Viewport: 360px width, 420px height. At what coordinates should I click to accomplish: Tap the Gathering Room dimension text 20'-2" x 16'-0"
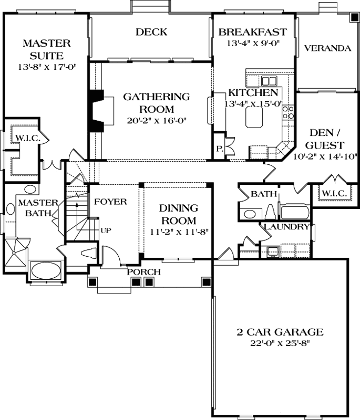point(149,120)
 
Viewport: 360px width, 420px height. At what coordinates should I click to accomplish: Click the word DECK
point(151,33)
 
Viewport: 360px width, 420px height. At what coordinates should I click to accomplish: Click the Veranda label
point(327,48)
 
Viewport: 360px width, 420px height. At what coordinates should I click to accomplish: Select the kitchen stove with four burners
point(288,112)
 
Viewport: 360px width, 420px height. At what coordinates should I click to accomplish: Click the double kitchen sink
point(270,81)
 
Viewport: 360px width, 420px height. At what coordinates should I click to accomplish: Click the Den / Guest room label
point(327,139)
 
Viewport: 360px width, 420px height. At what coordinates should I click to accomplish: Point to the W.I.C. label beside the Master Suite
point(24,139)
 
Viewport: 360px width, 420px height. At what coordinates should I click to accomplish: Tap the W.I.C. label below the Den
point(334,194)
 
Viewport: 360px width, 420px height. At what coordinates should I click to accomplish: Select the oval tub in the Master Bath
point(46,272)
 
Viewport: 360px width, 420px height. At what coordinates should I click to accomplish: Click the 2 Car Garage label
point(279,332)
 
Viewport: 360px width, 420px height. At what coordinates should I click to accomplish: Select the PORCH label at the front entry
point(143,272)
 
